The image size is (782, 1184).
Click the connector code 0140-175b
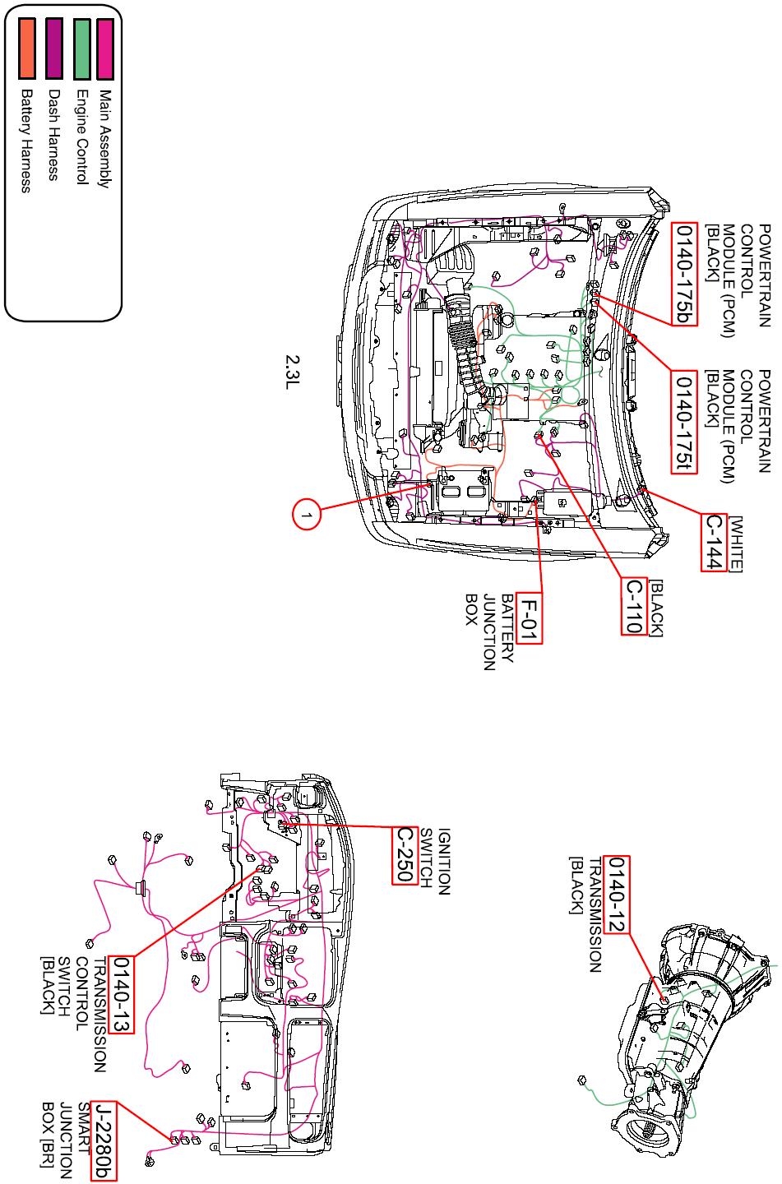coord(684,274)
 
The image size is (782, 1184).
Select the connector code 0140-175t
coord(684,422)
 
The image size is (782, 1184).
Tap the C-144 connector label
coord(715,542)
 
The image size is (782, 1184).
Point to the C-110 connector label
coord(634,606)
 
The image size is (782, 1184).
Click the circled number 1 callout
coord(306,515)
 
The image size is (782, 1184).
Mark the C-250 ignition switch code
coord(405,855)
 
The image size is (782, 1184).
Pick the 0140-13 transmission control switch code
coord(121,994)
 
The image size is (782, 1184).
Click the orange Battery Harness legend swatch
coord(26,49)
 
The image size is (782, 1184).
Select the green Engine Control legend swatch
coord(81,49)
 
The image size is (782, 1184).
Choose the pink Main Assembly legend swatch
coord(105,49)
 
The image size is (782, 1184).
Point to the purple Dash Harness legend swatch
coord(54,49)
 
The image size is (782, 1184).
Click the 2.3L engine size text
coord(293,372)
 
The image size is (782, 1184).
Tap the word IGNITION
coord(443,862)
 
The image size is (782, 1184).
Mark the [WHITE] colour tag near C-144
coord(735,544)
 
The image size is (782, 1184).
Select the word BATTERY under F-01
coord(507,628)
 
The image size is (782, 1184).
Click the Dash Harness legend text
coord(53,134)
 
